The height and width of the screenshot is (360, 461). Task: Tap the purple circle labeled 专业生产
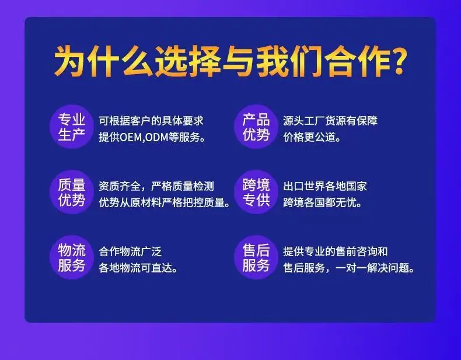click(72, 127)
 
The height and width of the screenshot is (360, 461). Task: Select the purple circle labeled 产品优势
click(256, 127)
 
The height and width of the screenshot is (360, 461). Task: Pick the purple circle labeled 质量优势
click(72, 192)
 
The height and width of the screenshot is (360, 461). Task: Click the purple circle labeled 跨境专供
click(256, 192)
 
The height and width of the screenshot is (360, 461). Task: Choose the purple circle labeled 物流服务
click(72, 257)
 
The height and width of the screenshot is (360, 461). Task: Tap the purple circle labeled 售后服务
click(256, 257)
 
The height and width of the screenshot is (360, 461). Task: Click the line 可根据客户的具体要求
click(151, 121)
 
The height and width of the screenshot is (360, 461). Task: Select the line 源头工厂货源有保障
click(330, 121)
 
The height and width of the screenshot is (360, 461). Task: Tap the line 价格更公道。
click(312, 137)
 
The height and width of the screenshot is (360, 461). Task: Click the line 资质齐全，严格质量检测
click(156, 186)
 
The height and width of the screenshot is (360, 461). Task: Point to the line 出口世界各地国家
click(325, 186)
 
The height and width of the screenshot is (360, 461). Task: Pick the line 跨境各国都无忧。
click(323, 202)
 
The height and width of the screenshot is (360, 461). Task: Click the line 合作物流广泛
click(130, 251)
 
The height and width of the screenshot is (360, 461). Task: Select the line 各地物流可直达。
click(138, 268)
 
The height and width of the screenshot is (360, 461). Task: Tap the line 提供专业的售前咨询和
click(336, 251)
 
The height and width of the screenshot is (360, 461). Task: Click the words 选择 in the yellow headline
click(188, 62)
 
